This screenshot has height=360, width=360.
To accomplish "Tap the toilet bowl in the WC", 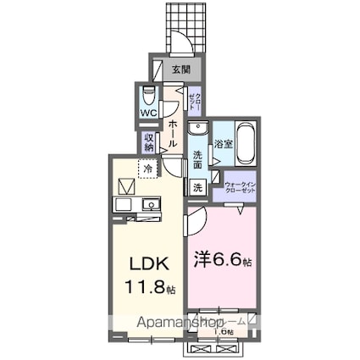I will click(x=149, y=95).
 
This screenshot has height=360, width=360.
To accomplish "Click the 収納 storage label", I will click(x=149, y=141).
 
